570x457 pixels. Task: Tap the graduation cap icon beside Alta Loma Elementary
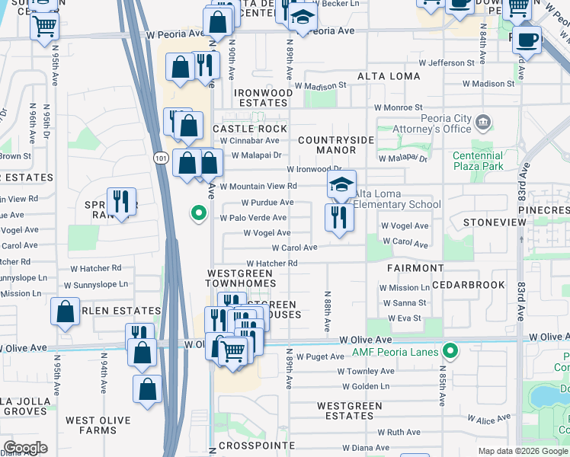342,184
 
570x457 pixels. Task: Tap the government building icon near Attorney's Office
483,123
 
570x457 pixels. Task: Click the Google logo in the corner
25,448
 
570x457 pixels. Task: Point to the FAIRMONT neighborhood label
415,268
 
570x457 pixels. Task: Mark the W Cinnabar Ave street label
251,140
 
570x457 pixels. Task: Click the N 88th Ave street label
328,311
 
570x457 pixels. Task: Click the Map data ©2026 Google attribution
523,451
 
